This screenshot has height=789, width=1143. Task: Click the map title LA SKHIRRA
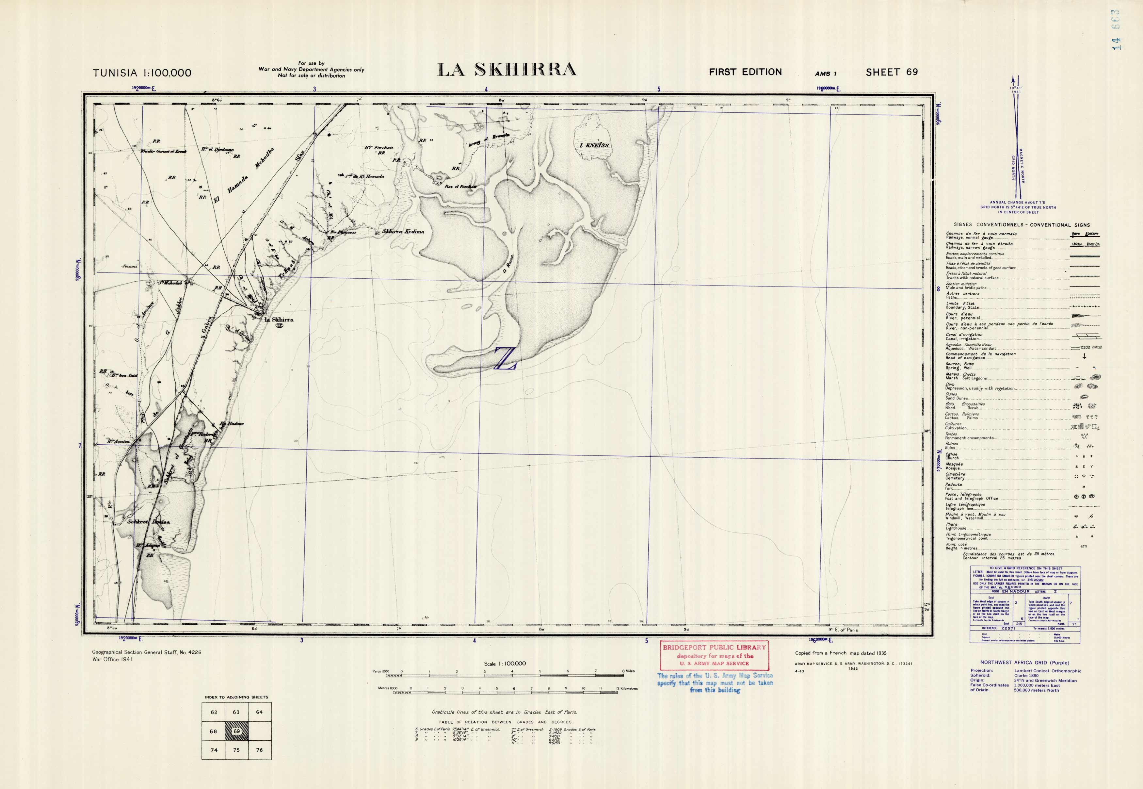coord(507,70)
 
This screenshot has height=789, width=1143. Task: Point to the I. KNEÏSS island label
coord(594,145)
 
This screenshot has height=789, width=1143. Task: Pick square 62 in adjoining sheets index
coord(214,712)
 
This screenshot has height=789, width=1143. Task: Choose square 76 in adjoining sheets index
coord(259,750)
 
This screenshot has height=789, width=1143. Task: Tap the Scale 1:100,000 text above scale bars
coord(505,664)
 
